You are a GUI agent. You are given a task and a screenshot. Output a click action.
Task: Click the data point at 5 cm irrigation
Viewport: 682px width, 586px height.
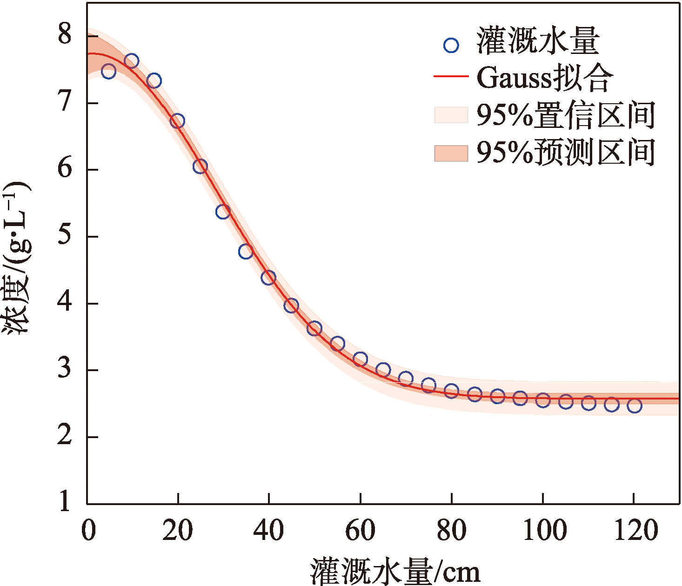pos(108,72)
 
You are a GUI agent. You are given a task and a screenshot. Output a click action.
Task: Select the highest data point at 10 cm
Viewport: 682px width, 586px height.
pos(132,60)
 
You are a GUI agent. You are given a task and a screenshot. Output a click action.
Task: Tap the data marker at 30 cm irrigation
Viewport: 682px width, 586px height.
pos(223,212)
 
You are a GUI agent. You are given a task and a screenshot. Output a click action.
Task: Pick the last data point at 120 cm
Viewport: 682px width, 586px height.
pos(634,406)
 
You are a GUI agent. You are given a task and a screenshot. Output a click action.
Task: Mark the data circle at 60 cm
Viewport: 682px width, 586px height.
pos(360,359)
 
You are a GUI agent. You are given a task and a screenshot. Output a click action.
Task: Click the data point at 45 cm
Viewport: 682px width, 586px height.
pos(291,306)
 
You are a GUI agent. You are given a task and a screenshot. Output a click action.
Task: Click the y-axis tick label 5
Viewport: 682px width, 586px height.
pos(65,236)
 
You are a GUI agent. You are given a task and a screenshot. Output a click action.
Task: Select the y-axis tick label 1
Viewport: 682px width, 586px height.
pos(65,502)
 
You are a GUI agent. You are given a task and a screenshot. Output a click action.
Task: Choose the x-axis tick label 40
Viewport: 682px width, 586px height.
pos(268,531)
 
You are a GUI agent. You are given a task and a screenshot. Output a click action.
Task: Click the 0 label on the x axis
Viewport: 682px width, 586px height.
pos(88,531)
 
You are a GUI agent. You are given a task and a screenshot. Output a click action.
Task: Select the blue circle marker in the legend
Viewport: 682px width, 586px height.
pos(451,45)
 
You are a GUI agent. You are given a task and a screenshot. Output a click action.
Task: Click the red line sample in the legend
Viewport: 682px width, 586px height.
pos(451,76)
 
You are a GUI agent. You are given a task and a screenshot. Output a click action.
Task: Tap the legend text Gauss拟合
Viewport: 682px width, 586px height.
pos(544,78)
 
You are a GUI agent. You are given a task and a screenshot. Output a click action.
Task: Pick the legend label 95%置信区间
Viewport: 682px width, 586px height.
pos(566,114)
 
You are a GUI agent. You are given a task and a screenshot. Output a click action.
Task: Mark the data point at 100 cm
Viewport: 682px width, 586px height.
pos(543,400)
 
